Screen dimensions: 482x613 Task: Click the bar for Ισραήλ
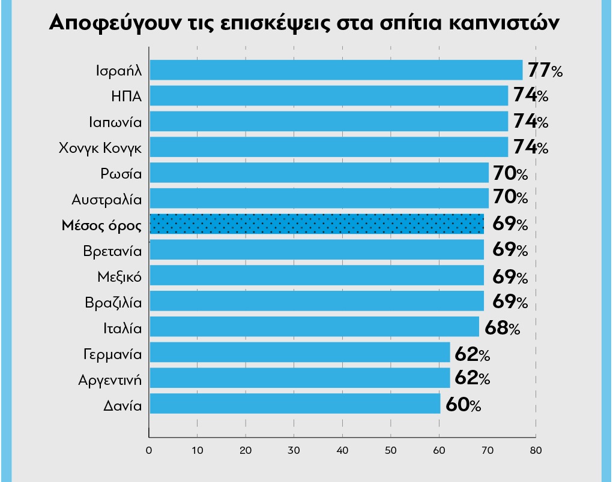[x=336, y=70]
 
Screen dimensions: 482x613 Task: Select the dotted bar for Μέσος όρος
[x=316, y=224]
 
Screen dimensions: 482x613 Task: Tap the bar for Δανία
[x=295, y=404]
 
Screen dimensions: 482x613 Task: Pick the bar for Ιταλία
[x=314, y=327]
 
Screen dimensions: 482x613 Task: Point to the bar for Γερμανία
[x=300, y=353]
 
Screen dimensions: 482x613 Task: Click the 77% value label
[x=545, y=70]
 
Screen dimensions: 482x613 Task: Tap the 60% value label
[x=463, y=405]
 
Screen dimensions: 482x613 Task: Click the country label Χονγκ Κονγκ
[x=100, y=147]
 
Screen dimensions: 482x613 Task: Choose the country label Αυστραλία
[x=106, y=199]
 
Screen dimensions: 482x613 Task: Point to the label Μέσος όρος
[x=101, y=225]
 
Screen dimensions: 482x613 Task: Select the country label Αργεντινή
[x=110, y=379]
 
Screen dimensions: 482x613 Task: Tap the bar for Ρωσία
[x=319, y=173]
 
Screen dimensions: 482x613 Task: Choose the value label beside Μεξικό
[x=510, y=276]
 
